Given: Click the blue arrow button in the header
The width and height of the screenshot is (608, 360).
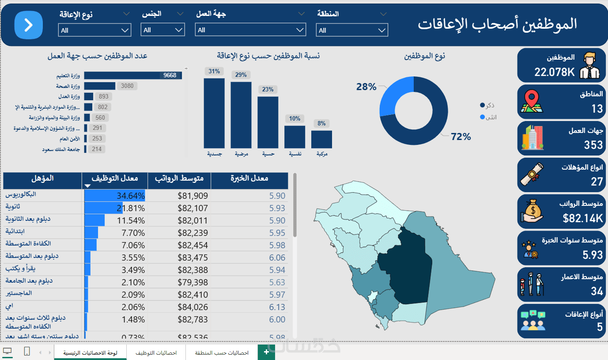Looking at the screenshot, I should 28,25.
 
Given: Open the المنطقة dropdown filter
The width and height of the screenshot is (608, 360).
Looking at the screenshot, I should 352,30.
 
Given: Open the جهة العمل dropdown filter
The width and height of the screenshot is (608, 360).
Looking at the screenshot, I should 250,30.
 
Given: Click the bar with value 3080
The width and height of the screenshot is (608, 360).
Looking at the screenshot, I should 100,86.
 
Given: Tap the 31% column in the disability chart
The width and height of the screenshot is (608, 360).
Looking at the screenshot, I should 214,113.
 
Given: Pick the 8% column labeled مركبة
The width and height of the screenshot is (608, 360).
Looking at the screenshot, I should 321,139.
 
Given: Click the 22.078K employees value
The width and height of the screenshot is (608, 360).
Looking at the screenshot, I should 554,72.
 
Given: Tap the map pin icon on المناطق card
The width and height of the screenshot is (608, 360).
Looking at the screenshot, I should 532,101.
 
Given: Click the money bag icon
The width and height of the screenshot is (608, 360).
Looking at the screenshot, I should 532,210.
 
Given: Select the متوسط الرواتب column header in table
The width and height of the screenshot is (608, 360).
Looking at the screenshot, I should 179,178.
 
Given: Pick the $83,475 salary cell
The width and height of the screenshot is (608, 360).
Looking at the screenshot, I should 193,258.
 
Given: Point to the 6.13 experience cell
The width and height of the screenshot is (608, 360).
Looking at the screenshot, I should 277,307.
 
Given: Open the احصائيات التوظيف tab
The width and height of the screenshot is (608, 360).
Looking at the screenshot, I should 156,353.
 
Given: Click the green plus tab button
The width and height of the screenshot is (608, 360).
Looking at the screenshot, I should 266,352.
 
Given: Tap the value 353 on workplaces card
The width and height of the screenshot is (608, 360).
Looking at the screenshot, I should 593,145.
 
